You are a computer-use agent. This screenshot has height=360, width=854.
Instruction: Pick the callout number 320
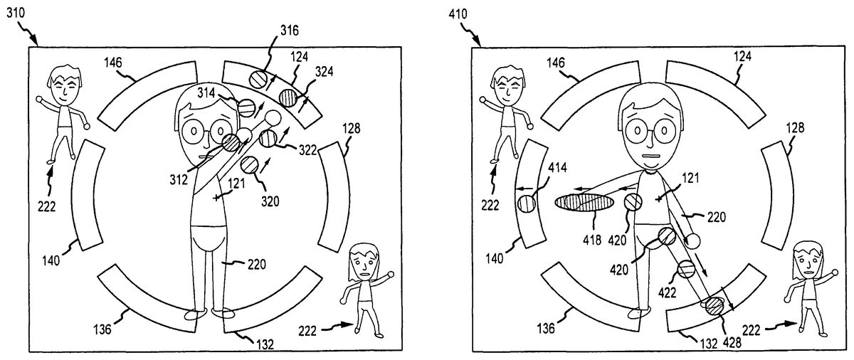(x=269, y=201)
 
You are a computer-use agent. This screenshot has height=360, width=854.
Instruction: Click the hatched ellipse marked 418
(x=585, y=203)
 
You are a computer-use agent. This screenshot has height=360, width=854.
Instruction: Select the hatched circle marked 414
(x=527, y=204)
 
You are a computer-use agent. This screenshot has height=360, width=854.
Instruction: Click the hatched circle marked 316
(x=260, y=78)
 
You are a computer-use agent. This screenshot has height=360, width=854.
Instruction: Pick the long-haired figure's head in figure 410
(x=808, y=258)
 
